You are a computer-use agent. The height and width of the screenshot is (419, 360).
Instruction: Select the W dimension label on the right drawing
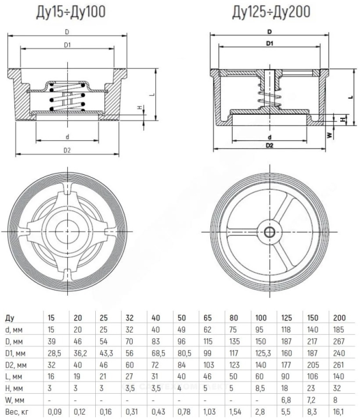point(329,134)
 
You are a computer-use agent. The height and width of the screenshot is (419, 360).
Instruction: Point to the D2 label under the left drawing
point(68,150)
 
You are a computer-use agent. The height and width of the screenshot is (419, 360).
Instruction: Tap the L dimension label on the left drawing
point(150,94)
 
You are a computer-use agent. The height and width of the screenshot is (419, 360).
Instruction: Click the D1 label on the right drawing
point(270,42)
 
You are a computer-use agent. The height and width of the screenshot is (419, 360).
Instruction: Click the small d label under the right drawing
point(270,137)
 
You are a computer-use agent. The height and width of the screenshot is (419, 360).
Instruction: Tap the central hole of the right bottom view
point(270,231)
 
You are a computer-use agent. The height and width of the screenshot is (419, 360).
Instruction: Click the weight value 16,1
point(337,409)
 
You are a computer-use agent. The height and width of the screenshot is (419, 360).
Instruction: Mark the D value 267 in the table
point(337,341)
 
